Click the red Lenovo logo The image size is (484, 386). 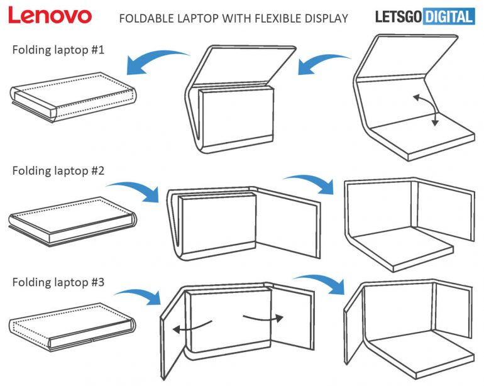pos(50,16)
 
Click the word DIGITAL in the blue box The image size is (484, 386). pos(447,17)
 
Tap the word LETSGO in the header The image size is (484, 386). pos(398,17)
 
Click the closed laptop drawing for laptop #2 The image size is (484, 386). pos(71,219)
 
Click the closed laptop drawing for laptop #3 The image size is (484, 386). pos(71,326)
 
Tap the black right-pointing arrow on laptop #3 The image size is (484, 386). pos(263,317)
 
